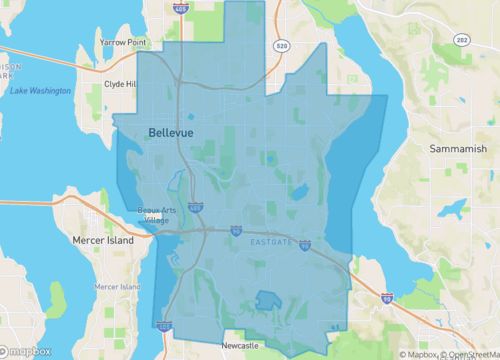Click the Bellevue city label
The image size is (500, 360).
pyautogui.click(x=170, y=132)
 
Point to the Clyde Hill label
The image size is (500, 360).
pyautogui.click(x=119, y=85)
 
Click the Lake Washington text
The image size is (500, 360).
pyautogui.click(x=40, y=91)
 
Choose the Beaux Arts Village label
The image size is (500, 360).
pyautogui.click(x=155, y=215)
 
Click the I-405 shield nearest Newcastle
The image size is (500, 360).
pyautogui.click(x=165, y=325)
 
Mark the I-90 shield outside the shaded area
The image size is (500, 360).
pyautogui.click(x=387, y=297)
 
